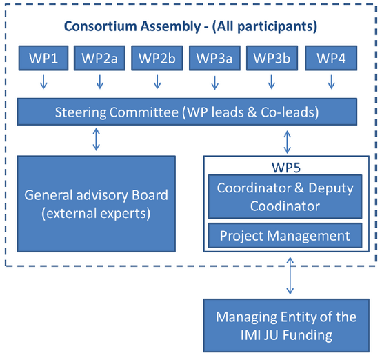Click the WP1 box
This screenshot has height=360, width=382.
[43, 58]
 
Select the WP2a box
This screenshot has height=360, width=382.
[100, 58]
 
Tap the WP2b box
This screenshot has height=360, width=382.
[157, 58]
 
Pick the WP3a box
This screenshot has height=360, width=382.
[215, 58]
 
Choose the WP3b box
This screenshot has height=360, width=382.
[272, 58]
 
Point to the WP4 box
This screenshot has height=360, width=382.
[330, 58]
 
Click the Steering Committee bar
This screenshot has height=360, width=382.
[187, 111]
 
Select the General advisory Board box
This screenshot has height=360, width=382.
[97, 204]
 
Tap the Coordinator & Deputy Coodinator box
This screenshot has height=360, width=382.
[284, 197]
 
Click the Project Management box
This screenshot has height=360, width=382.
[284, 236]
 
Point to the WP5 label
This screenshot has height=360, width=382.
[284, 166]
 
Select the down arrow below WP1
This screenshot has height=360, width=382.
[43, 83]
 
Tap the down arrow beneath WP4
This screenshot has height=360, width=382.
[330, 83]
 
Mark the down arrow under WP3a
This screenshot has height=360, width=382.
[215, 83]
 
